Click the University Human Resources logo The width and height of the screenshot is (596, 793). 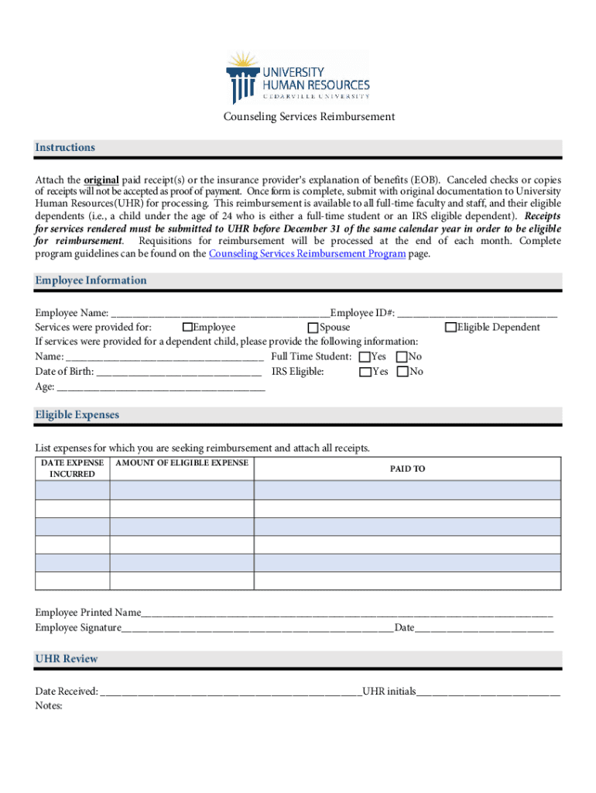point(298,77)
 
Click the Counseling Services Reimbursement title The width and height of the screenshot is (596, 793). point(309,117)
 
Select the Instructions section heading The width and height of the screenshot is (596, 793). point(65,147)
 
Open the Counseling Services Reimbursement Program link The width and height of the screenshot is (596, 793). point(307,254)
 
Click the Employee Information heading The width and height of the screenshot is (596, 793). point(91,280)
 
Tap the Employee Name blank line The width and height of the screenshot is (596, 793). point(220,314)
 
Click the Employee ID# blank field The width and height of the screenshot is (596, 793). point(478,314)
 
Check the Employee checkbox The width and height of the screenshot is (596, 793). point(187,328)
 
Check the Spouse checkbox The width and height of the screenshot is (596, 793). point(313,328)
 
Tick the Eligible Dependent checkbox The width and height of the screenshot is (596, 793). point(450,328)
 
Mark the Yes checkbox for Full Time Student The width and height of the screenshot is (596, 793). point(365,357)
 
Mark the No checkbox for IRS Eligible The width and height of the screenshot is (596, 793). point(402,372)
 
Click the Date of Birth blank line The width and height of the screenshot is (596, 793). point(179,372)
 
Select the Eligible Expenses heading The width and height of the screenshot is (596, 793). point(77,415)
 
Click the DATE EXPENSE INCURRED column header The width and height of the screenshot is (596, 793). point(72,469)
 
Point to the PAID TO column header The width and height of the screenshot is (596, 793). point(407,469)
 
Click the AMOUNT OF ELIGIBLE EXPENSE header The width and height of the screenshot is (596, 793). point(182,463)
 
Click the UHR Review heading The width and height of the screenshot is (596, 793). point(67,659)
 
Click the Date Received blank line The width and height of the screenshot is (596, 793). point(230,692)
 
